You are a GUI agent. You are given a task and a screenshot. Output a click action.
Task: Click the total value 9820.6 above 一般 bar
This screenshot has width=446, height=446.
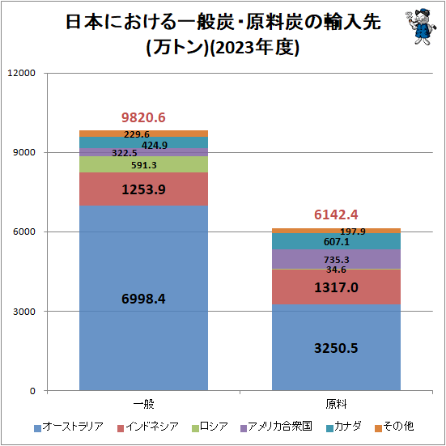click(143, 117)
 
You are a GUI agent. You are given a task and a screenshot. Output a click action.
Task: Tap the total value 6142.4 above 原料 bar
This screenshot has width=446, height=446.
click(336, 215)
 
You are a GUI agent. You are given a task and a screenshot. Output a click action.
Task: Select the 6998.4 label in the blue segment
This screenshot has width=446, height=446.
click(143, 299)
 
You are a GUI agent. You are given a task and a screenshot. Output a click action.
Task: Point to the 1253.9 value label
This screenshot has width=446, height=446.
click(143, 189)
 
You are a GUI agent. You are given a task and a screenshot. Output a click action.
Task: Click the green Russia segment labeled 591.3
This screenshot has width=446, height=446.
click(143, 164)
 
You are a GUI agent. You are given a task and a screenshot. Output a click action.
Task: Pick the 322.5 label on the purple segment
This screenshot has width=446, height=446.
click(125, 153)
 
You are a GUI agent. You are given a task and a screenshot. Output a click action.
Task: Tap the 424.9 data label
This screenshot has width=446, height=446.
click(155, 146)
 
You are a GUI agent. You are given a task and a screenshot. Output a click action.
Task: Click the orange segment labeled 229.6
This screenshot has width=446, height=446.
click(143, 134)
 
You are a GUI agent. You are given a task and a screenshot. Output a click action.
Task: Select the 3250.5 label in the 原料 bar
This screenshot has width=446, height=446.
click(336, 348)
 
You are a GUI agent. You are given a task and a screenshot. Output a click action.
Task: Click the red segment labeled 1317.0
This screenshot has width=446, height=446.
click(336, 287)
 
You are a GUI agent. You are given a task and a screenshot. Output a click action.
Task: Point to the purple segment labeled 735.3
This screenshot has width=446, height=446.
click(336, 259)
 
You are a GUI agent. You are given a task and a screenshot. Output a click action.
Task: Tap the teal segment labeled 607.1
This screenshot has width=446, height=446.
click(336, 241)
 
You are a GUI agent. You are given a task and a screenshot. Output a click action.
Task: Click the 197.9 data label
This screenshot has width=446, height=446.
click(353, 231)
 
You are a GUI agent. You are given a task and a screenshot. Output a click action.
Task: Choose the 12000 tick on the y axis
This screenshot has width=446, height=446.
click(21, 73)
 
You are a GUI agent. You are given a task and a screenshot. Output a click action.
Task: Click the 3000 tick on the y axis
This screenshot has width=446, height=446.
click(24, 312)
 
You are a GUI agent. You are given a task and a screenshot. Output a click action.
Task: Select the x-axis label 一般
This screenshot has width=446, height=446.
click(143, 404)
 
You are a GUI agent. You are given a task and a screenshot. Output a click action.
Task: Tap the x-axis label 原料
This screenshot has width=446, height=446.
click(336, 404)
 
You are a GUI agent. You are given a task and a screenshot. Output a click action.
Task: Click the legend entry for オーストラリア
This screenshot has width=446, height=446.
click(69, 427)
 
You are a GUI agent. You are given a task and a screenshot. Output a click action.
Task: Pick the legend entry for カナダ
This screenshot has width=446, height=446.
click(344, 427)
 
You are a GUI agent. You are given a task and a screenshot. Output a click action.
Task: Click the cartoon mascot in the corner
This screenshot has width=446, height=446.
click(421, 26)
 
